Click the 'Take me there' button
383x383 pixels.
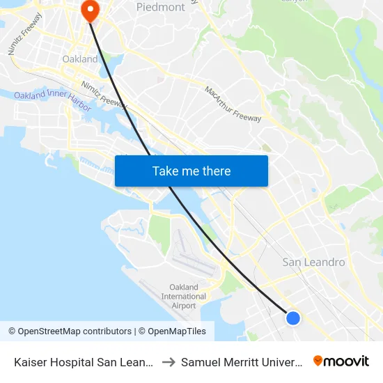[x=191, y=171]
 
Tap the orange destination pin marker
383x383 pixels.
[x=91, y=10]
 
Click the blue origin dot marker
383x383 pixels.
[x=293, y=318]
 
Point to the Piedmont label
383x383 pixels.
[x=161, y=7]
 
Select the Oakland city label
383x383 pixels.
[x=80, y=59]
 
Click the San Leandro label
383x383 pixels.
[x=313, y=263]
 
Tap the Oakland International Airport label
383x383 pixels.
[x=184, y=296]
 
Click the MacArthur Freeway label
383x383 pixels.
[x=233, y=104]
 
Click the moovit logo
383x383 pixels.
[x=341, y=361]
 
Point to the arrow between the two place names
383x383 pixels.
[x=168, y=362]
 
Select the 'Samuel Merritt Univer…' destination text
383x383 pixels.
[x=241, y=362]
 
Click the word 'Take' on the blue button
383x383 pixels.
[x=166, y=171]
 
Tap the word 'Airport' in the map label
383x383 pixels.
[x=184, y=306]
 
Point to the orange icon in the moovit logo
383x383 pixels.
[x=318, y=361]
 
